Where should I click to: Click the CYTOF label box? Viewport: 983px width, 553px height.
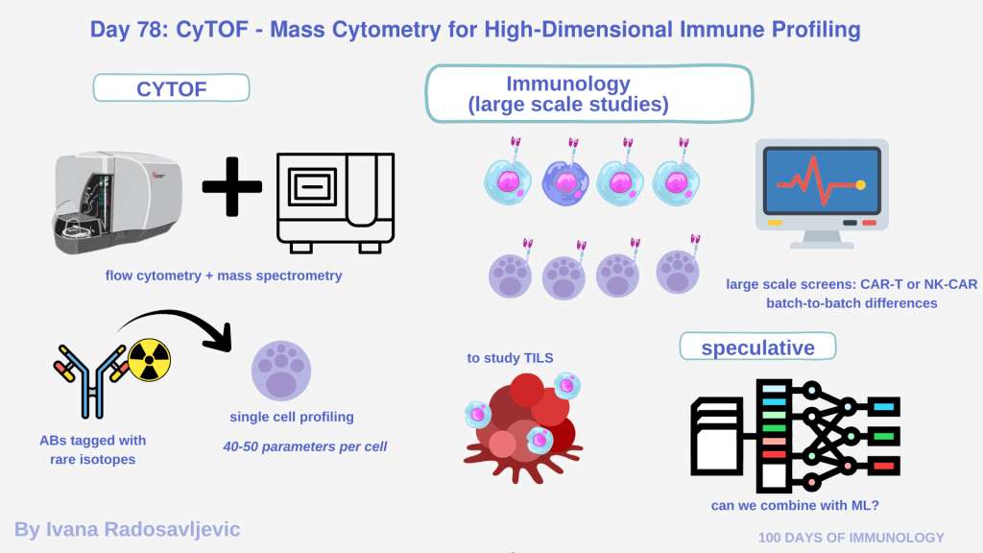click(171, 89)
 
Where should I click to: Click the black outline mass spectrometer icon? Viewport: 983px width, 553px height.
click(335, 202)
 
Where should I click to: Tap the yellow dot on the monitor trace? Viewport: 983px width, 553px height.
click(860, 183)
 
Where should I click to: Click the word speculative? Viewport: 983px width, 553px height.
click(757, 348)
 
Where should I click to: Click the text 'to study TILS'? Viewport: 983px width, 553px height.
click(511, 358)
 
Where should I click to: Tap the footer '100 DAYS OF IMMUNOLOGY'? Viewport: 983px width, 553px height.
click(851, 538)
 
